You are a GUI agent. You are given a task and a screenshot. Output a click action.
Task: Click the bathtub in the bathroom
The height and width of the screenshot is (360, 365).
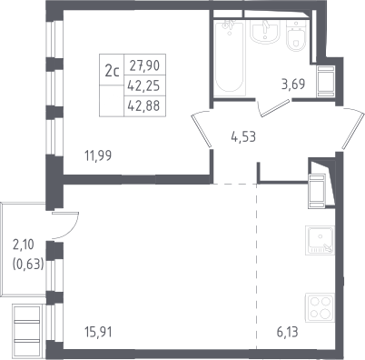230,58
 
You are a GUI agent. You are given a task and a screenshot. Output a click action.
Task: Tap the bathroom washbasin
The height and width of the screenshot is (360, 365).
264,32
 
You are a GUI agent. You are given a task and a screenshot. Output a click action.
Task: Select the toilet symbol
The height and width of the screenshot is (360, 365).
295,35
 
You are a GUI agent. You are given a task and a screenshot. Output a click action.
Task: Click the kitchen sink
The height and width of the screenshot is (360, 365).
321,240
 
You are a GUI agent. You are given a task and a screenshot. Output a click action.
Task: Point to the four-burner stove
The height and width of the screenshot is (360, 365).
321,307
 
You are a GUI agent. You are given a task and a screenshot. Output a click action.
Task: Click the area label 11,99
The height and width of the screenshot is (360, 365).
98,155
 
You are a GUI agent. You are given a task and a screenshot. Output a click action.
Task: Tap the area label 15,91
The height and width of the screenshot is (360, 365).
98,332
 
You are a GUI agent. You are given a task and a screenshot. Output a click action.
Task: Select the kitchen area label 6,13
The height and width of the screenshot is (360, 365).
287,332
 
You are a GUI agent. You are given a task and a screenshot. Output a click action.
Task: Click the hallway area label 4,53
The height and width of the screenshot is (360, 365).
243,137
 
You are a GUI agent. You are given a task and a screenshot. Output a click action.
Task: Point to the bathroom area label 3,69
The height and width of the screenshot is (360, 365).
293,85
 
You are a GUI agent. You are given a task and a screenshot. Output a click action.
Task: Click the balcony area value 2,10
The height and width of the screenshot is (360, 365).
24,245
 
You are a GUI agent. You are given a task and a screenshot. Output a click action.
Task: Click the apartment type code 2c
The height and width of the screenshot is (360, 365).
112,72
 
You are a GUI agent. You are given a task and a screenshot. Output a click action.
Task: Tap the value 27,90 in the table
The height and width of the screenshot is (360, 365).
144,65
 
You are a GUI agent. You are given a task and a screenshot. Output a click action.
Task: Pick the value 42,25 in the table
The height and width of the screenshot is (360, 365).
143,86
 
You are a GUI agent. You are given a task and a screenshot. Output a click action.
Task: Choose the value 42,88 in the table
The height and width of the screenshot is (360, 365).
143,106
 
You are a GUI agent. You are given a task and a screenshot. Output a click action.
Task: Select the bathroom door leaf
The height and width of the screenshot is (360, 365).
275,108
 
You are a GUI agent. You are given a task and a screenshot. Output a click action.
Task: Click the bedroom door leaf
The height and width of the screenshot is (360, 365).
202,130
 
